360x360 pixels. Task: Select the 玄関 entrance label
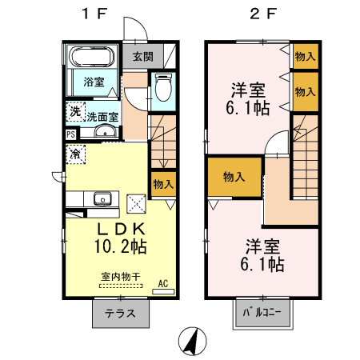point(143,57)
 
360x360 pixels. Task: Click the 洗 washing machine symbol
point(74,111)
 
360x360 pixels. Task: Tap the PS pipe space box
point(71,134)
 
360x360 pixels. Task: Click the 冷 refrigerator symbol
point(74,153)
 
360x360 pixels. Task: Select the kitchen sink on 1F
point(102,199)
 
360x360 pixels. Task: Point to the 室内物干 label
point(120,277)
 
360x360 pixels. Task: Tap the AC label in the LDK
point(162,284)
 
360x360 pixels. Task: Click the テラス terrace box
point(121,313)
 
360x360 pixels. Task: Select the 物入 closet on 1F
point(162,185)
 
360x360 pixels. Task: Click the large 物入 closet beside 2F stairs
point(234,177)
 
